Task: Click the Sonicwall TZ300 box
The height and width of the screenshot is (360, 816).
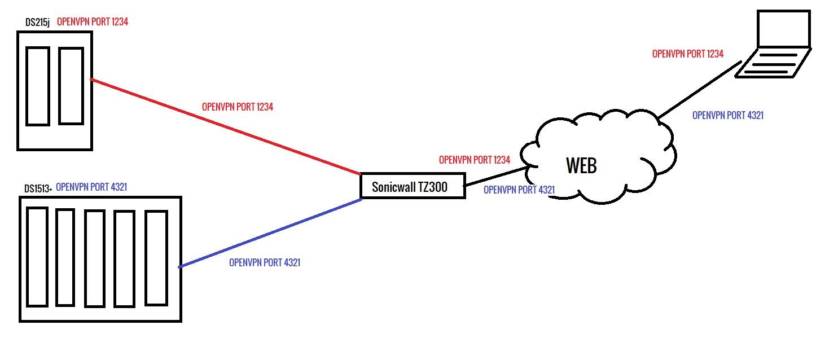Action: point(412,186)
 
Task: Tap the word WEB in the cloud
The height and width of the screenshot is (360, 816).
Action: point(581,165)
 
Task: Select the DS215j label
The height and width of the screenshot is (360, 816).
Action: point(37,23)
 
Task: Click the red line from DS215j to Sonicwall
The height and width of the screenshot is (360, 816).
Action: point(226,126)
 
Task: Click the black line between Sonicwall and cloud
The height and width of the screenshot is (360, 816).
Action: point(494,175)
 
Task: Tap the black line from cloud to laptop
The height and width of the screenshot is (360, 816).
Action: point(697,91)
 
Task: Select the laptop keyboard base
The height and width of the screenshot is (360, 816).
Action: point(773,62)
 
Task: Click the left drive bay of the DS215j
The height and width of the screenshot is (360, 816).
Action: point(38,86)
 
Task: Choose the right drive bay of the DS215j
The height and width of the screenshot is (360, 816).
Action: point(71,86)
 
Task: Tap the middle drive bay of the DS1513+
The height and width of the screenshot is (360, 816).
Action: point(95,258)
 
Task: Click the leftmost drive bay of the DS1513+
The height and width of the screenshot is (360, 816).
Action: point(37,257)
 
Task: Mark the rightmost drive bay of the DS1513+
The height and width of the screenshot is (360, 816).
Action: point(156,258)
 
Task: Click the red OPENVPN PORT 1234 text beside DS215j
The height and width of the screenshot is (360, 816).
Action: point(96,23)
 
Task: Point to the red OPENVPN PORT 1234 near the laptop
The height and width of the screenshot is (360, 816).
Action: point(688,54)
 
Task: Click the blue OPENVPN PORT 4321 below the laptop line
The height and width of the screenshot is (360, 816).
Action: point(728,116)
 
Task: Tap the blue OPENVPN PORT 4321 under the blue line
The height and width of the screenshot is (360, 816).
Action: point(265,262)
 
